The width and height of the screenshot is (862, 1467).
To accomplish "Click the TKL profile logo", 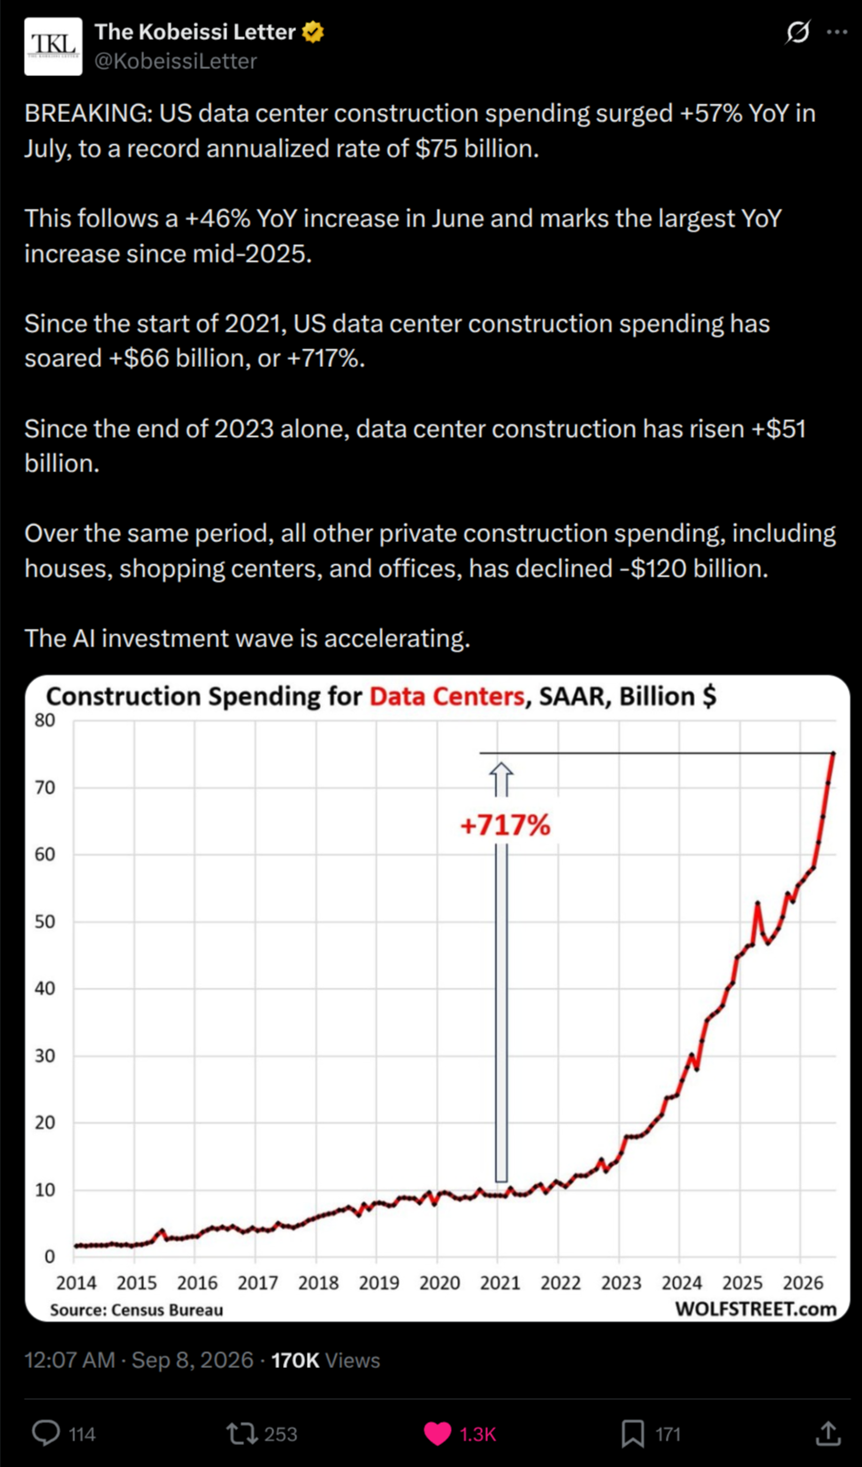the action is [53, 47].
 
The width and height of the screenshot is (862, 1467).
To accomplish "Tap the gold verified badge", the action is [313, 32].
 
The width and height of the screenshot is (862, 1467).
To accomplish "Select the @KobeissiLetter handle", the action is [176, 62].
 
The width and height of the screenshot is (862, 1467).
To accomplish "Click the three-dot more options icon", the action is [837, 32].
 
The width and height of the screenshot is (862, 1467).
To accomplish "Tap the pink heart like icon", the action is [438, 1433].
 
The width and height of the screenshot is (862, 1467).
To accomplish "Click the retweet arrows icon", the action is [241, 1433].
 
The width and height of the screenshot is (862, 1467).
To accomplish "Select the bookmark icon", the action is [633, 1433].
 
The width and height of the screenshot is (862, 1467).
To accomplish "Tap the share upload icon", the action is [828, 1433].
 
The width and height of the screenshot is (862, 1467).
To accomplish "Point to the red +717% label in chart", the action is [506, 825].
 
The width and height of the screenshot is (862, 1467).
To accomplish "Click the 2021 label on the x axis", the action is [500, 1283].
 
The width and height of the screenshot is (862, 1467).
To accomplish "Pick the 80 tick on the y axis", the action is [44, 721].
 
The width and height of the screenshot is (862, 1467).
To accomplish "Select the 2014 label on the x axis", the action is [76, 1283].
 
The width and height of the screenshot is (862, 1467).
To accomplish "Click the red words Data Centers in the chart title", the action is [446, 696].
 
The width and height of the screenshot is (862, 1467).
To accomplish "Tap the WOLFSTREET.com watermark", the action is [756, 1310].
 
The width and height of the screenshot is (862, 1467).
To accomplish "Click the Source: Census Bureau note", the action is [136, 1310].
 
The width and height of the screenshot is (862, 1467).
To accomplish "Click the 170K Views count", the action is [325, 1360].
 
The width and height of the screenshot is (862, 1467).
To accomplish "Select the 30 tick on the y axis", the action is [44, 1056].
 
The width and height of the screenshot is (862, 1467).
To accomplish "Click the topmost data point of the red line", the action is [833, 753].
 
